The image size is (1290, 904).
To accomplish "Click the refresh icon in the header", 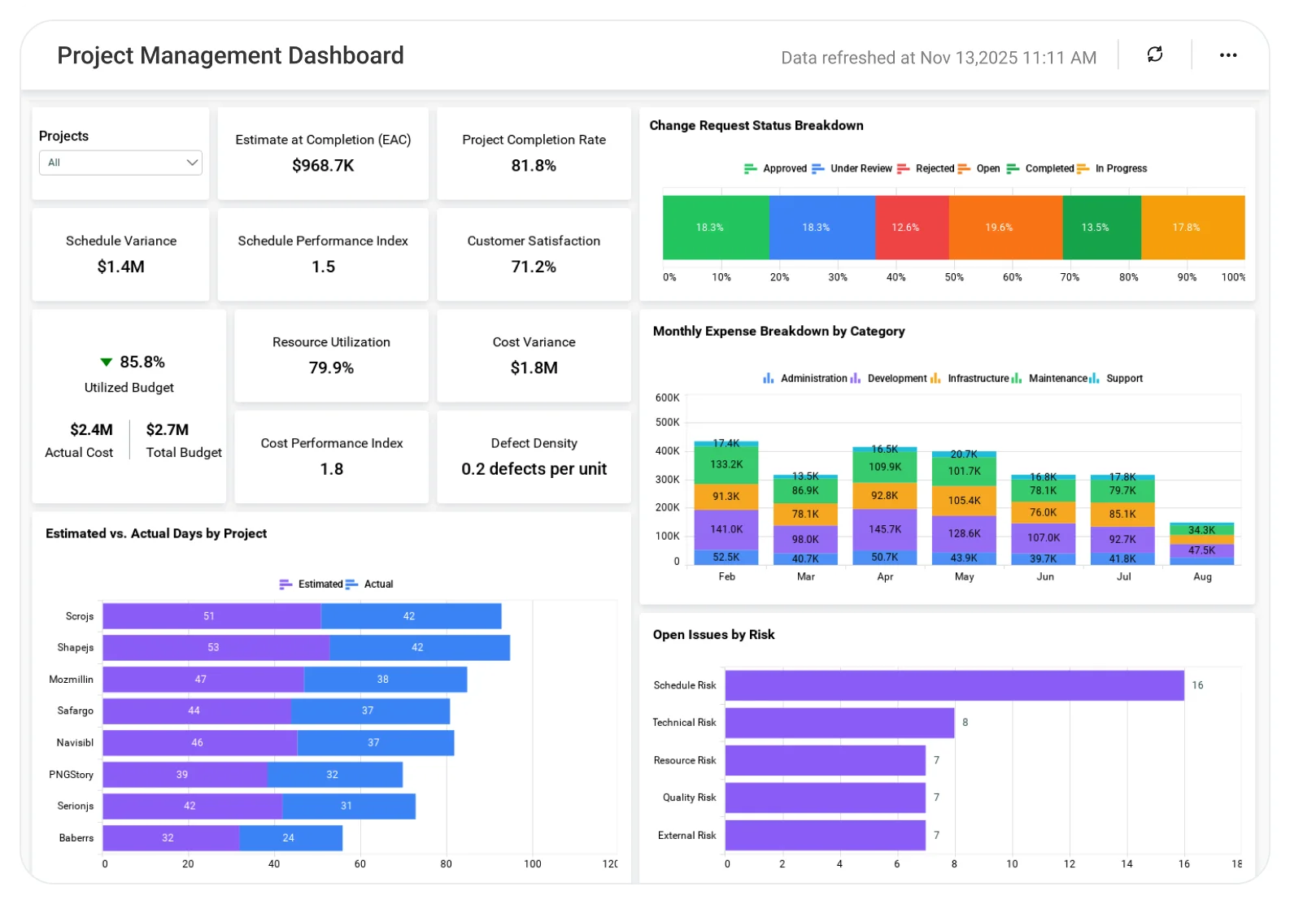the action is coord(1155,54).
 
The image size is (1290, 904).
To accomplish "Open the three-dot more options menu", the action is coord(1228,55).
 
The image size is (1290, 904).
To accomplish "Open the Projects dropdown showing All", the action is coord(120,163).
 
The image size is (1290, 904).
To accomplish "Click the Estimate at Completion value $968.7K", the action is coord(323,166).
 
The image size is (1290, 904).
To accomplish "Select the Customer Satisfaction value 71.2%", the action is coord(534,267).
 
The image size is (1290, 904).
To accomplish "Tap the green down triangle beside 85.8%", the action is coord(106,362).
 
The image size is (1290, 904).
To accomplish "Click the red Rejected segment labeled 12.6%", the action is coord(912,228).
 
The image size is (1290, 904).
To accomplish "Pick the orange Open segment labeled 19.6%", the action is coord(1005,228).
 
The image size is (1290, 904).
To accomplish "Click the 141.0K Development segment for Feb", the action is coord(726,529).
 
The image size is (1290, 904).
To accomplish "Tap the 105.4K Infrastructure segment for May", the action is coord(964,501).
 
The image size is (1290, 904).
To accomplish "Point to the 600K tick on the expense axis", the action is coord(668,398).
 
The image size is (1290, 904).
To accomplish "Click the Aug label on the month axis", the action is coord(1202,576).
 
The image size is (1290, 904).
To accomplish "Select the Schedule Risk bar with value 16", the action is coord(954,685).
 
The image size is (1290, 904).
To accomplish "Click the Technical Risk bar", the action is coord(839,723).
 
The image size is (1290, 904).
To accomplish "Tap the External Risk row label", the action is coord(686,836).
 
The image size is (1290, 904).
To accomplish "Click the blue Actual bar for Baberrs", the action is coord(291,838).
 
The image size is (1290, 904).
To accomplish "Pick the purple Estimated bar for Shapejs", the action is coord(216,647).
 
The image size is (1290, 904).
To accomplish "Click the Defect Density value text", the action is coord(534,469).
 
